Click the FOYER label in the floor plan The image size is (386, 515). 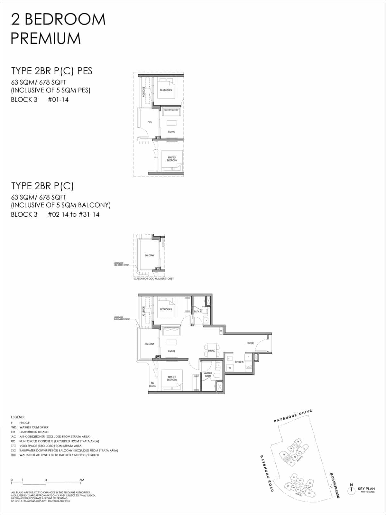[x=250, y=343]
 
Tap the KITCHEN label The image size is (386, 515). [x=239, y=362]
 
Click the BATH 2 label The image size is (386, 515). [x=197, y=312]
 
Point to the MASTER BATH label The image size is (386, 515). [x=208, y=374]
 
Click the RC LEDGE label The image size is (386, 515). [x=152, y=384]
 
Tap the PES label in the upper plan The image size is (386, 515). [x=149, y=122]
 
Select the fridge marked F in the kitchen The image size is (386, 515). [x=248, y=357]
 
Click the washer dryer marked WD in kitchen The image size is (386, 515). [x=230, y=367]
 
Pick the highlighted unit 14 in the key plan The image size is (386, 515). [x=287, y=460]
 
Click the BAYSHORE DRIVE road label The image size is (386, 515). [x=293, y=416]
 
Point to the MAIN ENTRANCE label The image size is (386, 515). [x=335, y=485]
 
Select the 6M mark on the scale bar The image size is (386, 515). [x=82, y=480]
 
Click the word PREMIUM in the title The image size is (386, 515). [x=46, y=38]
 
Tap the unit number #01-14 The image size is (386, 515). [x=58, y=99]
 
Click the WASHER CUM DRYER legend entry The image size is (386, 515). [x=34, y=427]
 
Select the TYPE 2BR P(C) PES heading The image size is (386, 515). [x=52, y=71]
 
